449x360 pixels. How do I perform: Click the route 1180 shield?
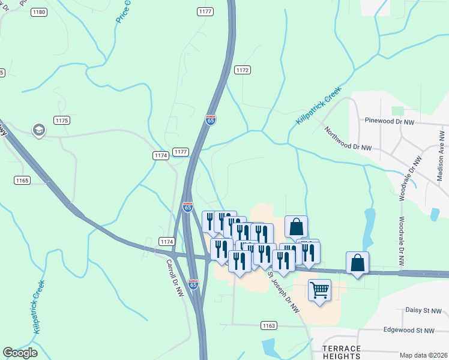pos(40,12)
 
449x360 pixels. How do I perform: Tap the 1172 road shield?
pos(242,70)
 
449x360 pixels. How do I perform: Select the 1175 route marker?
pos(62,121)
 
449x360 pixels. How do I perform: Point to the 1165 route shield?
pos(22,180)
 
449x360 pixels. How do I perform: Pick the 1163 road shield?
pos(268,325)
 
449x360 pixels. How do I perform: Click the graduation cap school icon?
pos(39,130)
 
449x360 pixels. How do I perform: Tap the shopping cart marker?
pos(319,290)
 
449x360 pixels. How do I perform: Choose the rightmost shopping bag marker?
pos(357,262)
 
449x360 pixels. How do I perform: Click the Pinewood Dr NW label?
pos(390,121)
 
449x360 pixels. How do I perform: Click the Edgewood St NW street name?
pos(409,330)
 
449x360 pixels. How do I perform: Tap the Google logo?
pos(20,353)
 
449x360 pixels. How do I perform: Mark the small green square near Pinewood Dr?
pos(397,111)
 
